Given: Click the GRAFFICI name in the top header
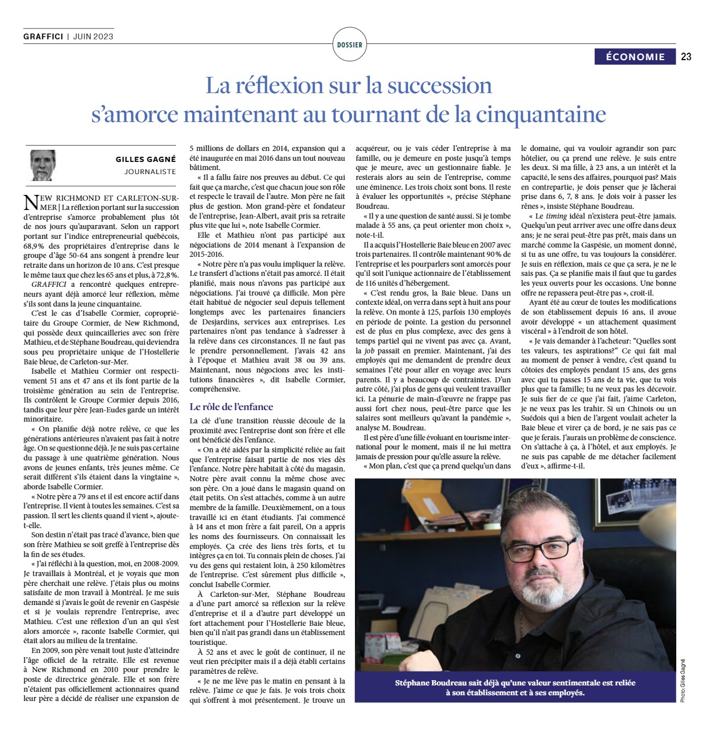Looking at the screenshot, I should [x=43, y=36].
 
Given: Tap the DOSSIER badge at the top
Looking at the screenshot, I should [x=350, y=45].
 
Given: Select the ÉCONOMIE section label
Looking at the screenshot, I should [x=635, y=57].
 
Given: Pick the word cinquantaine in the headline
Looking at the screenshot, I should [x=541, y=114].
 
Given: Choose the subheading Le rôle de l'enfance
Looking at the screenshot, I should [x=232, y=407].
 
